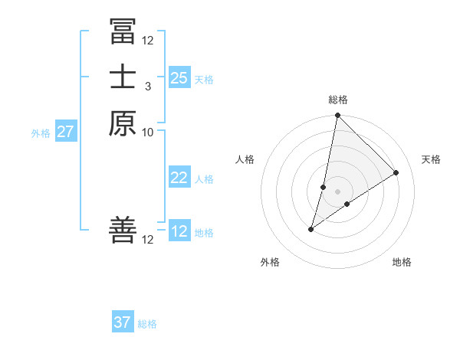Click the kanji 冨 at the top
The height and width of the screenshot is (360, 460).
[x=123, y=31]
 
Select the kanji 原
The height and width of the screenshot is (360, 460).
[x=123, y=123]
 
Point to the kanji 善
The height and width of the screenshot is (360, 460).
[x=123, y=231]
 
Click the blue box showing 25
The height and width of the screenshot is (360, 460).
[x=179, y=78]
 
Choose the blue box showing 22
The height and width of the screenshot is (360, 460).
[x=179, y=178]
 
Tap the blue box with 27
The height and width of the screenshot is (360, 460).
[x=66, y=132]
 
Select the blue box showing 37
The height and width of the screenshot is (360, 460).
[x=123, y=322]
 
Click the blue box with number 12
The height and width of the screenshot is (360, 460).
[x=179, y=232]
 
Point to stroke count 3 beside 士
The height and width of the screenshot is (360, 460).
[x=148, y=86]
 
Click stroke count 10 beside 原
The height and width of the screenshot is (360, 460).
[x=148, y=132]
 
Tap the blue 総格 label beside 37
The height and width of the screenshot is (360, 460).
[x=147, y=324]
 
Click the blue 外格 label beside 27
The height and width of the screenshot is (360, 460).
[x=41, y=133]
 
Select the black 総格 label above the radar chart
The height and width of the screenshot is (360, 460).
[x=338, y=100]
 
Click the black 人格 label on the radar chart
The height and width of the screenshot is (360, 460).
[x=245, y=159]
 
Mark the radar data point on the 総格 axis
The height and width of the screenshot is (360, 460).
[x=338, y=116]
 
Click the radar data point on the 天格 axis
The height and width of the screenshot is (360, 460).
[x=396, y=173]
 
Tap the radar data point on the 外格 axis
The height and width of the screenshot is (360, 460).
[x=311, y=229]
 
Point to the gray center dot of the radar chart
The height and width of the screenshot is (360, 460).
[x=338, y=191]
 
